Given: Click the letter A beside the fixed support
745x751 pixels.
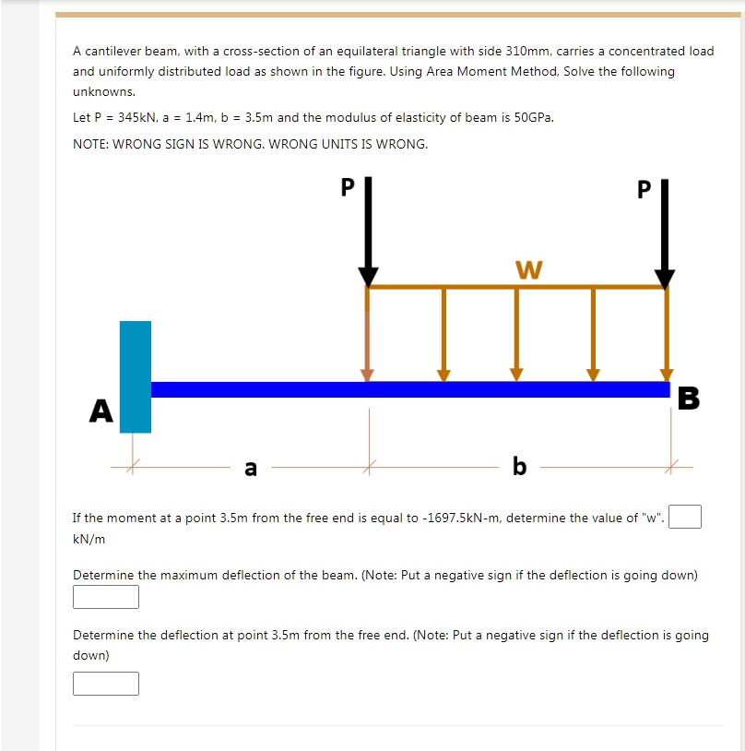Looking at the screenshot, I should [101, 411].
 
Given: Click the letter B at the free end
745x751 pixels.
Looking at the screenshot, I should [688, 399].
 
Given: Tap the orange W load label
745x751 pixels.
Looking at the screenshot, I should [529, 269].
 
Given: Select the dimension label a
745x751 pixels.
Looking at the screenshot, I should [250, 468].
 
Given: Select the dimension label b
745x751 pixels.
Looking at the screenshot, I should [519, 467].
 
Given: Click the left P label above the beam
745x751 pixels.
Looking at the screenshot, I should [347, 186].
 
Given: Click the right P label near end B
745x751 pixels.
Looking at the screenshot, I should [644, 190].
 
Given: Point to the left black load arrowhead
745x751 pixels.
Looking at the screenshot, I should [368, 277].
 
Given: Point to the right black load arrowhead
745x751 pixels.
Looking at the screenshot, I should [665, 278].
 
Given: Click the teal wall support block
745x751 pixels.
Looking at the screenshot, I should [136, 376].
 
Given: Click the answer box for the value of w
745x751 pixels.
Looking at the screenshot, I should [685, 517].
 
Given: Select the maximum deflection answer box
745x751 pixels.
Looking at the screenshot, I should [106, 597].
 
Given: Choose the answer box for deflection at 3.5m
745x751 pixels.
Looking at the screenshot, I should [106, 683].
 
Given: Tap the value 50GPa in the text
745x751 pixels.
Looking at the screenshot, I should [534, 118].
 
